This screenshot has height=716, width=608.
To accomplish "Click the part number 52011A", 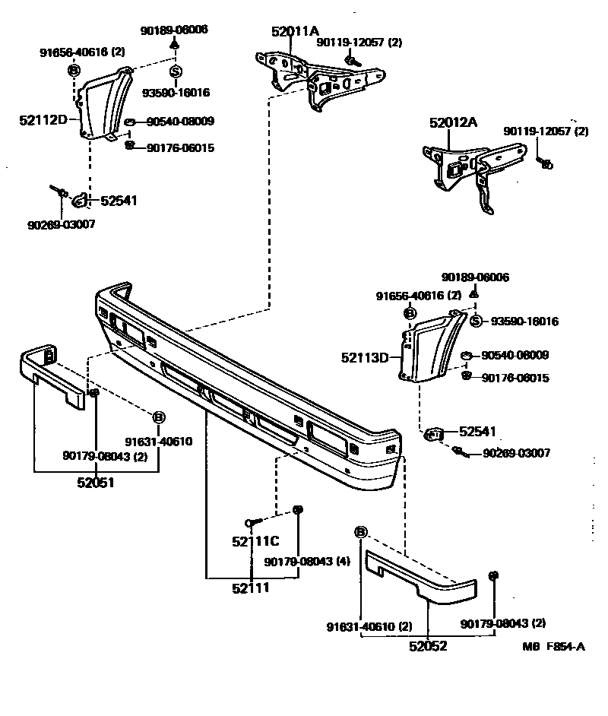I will (x=296, y=32).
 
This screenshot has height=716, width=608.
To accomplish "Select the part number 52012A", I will (x=453, y=122).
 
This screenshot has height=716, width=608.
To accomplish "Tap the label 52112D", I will (x=44, y=119).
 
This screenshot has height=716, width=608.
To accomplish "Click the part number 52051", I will (x=96, y=482).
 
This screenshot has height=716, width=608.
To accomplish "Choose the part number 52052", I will (x=428, y=646).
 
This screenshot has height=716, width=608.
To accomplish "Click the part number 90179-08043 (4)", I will (x=307, y=562).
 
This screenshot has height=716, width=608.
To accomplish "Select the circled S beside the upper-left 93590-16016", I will (x=175, y=72).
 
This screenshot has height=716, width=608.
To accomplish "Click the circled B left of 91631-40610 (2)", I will (x=360, y=531).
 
